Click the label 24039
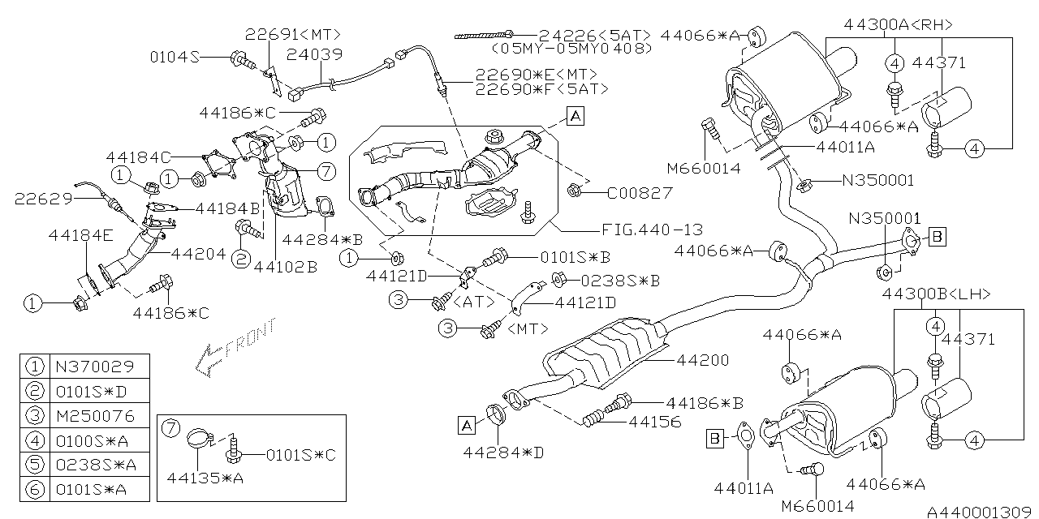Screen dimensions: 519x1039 coord(315,54)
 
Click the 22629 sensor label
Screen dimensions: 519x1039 coord(43,197)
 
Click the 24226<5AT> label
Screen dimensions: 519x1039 coord(595,35)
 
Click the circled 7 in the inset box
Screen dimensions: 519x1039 coord(169,427)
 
